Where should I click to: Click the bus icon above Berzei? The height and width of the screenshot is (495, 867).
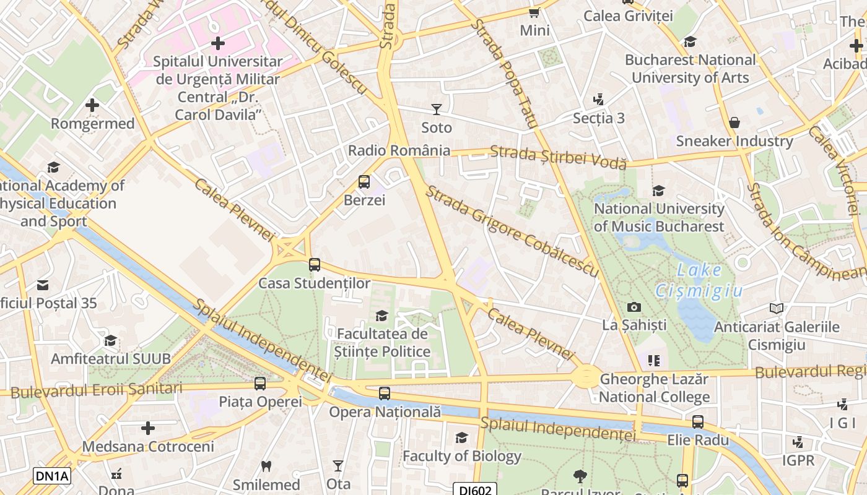tap(364, 182)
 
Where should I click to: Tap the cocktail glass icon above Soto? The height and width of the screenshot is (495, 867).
tap(437, 110)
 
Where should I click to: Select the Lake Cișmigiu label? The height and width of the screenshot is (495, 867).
tap(699, 280)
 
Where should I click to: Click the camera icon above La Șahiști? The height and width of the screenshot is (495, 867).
tap(634, 307)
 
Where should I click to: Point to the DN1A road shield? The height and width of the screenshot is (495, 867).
tap(52, 476)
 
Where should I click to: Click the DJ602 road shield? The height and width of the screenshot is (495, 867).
tap(476, 489)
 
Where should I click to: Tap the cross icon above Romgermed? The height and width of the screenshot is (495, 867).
tap(92, 105)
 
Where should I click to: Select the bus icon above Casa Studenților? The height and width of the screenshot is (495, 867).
tap(315, 265)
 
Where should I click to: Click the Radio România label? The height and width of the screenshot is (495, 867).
tap(399, 150)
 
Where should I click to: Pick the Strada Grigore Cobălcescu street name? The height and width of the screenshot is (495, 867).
tap(512, 232)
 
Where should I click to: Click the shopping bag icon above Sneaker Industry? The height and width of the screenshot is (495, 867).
tap(734, 123)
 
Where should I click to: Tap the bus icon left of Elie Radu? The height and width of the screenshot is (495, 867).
tap(698, 422)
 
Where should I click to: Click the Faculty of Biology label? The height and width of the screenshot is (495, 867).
tap(462, 457)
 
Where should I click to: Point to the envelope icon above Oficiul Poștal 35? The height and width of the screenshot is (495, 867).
tap(42, 285)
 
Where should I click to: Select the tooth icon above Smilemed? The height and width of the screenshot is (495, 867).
tap(266, 466)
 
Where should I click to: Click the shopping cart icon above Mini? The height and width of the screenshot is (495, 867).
tap(534, 12)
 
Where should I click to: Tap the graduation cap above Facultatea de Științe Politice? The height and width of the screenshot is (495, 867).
tap(381, 316)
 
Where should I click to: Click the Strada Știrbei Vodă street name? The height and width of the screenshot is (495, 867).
tap(558, 157)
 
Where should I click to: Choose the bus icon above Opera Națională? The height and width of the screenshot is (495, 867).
tap(385, 394)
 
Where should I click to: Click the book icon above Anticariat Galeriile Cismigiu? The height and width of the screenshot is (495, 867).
tap(776, 308)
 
